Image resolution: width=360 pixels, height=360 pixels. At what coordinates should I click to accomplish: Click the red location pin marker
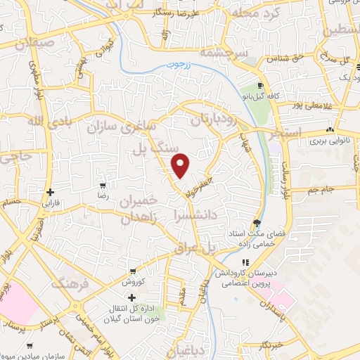click(x=181, y=165)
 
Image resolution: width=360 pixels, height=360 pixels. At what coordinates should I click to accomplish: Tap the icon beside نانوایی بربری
click(x=330, y=130)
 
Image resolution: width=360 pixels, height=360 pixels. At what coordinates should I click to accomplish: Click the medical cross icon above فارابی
click(x=50, y=192)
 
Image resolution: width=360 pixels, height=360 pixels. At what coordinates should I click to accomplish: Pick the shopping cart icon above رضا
click(x=103, y=186)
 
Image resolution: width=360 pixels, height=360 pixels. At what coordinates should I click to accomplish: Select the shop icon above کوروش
click(x=131, y=270)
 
